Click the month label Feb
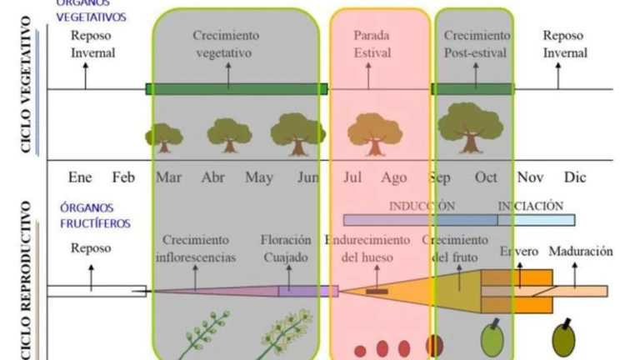pyautogui.click(x=123, y=177)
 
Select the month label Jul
pyautogui.click(x=352, y=177)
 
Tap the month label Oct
pyautogui.click(x=486, y=177)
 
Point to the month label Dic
pyautogui.click(x=575, y=177)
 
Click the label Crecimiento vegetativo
pyautogui.click(x=226, y=43)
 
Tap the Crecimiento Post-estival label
pyautogui.click(x=477, y=43)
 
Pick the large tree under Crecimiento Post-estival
pyautogui.click(x=470, y=127)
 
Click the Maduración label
pyautogui.click(x=581, y=252)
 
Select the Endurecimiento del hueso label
pyautogui.click(x=367, y=247)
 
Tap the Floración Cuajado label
pyautogui.click(x=286, y=247)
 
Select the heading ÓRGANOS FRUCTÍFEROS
pyautogui.click(x=95, y=215)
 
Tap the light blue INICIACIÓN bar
pyautogui.click(x=536, y=220)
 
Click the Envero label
pyautogui.click(x=519, y=252)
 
